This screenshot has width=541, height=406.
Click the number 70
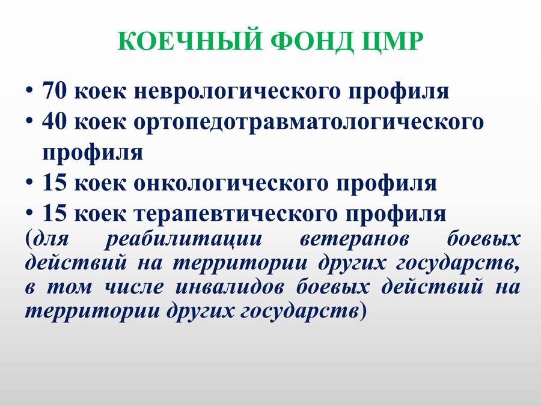(x=54, y=91)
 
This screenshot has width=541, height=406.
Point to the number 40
(x=54, y=121)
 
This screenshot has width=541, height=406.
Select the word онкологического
(x=230, y=184)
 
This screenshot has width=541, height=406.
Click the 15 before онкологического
(x=54, y=182)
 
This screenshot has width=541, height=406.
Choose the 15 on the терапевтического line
(x=54, y=213)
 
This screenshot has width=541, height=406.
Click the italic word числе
(x=133, y=288)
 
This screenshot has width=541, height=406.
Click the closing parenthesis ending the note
(x=362, y=312)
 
